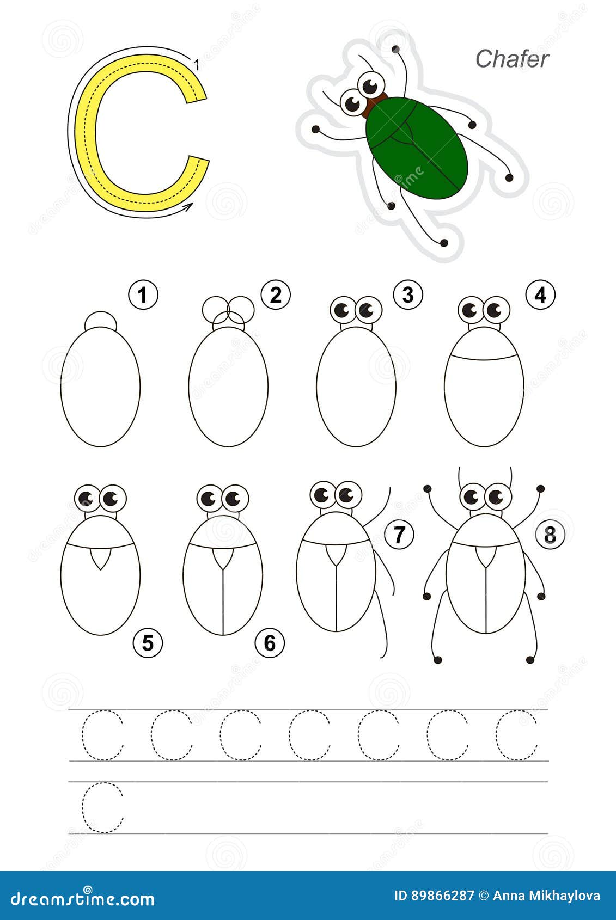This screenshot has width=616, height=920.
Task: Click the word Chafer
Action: pos(511,59)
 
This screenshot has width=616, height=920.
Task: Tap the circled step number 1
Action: pos(143,295)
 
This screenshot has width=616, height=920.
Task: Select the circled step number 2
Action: pos(276,295)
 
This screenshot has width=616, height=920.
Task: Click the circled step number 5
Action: pos(148,643)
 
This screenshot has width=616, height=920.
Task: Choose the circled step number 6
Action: pos(270,643)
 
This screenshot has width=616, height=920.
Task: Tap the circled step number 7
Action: pos(399,535)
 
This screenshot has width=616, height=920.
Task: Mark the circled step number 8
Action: pos(550,535)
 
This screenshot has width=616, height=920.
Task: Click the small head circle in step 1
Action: pos(101,320)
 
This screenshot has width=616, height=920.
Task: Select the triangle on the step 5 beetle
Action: pos(100,557)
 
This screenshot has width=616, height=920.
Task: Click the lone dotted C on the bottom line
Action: pos(102,807)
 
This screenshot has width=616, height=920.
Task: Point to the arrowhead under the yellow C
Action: pos(188,207)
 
